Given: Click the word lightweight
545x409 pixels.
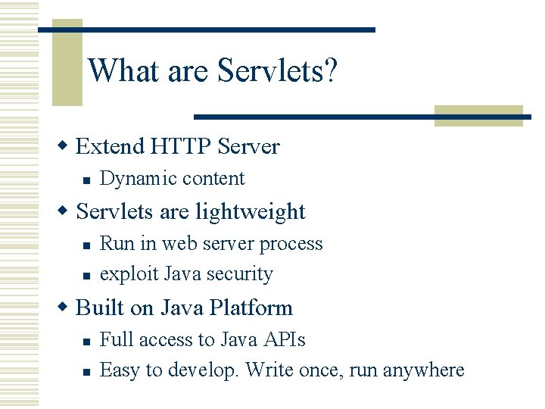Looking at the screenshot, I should point(251,211).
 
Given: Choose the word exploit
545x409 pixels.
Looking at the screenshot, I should point(123,273).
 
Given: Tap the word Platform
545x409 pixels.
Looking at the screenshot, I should point(251,308).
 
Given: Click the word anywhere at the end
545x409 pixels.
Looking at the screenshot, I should point(423,370).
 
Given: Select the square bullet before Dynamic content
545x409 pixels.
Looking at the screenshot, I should point(88,180).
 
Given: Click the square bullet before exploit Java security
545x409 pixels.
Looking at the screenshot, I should point(88,275).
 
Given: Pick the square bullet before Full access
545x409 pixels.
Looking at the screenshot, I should point(88,341).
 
